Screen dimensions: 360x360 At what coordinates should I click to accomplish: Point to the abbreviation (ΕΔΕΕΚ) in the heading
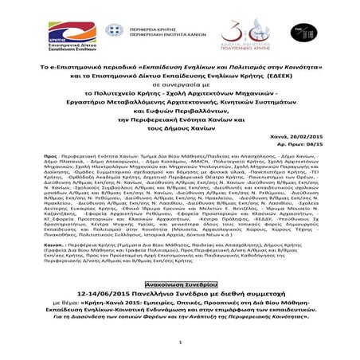tap(292, 68)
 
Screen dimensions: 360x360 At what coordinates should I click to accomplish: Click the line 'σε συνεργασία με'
tap(180, 79)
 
